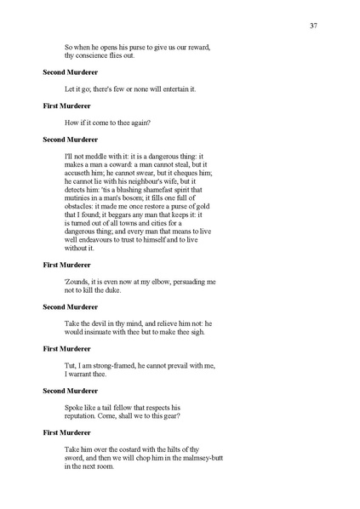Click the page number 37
(x=314, y=26)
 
